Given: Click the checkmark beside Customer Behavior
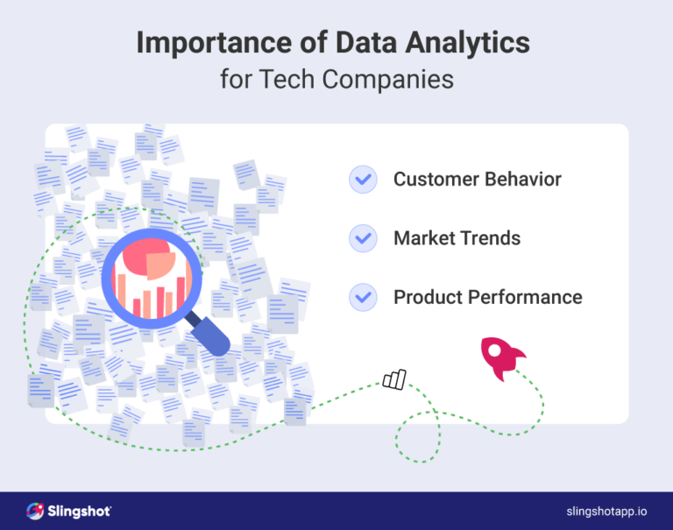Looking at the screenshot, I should pyautogui.click(x=362, y=180).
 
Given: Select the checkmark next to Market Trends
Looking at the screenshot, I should pyautogui.click(x=362, y=238).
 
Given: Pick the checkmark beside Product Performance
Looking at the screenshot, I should pyautogui.click(x=362, y=297).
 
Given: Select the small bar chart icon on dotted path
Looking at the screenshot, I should pyautogui.click(x=394, y=378).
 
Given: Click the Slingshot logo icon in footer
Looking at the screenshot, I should pyautogui.click(x=35, y=511).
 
